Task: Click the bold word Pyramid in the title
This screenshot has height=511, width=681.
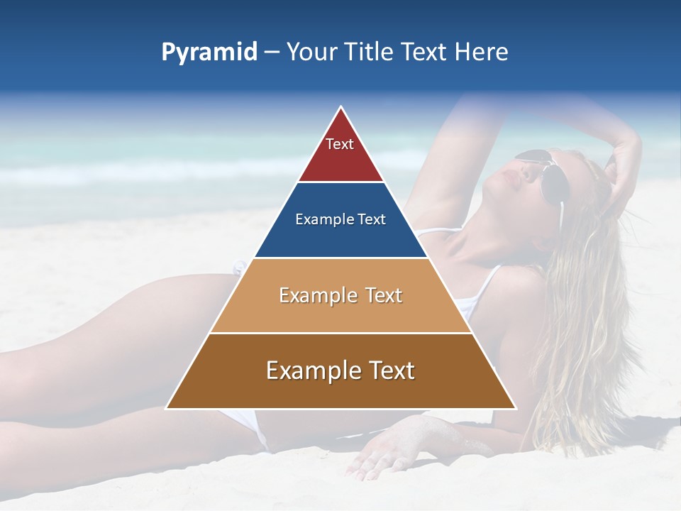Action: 209,53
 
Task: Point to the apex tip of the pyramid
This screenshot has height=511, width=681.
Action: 341,108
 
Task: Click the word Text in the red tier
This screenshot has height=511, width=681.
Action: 340,144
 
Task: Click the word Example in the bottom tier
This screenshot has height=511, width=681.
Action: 311,370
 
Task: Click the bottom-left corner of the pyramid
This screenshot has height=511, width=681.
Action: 167,408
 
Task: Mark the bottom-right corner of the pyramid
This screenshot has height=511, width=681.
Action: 516,408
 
